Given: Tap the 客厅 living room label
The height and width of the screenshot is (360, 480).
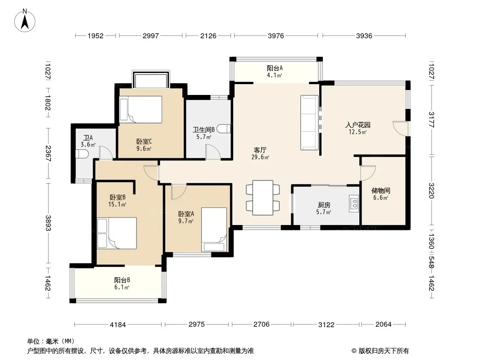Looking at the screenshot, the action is (x=260, y=150).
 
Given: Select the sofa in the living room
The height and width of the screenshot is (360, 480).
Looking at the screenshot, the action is (x=309, y=123).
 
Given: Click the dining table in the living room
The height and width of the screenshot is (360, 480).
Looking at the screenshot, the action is (x=263, y=198).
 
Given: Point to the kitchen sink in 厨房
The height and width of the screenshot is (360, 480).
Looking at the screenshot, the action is (x=354, y=203).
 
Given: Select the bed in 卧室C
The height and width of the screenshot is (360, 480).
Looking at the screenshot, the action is (x=141, y=109).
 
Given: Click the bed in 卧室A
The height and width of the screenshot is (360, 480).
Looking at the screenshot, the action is (x=214, y=229).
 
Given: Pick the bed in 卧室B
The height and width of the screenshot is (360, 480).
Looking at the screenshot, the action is (x=117, y=233).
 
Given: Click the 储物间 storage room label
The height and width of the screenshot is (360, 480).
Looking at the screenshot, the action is (x=381, y=190).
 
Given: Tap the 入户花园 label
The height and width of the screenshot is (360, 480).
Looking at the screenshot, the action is (x=358, y=125).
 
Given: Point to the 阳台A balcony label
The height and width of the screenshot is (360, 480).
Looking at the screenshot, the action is (x=275, y=68).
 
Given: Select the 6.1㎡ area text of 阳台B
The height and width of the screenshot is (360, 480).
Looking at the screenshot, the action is (x=122, y=287).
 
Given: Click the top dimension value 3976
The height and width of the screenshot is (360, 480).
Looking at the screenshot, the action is (x=276, y=36).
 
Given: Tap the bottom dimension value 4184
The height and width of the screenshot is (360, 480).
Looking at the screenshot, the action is (x=118, y=324).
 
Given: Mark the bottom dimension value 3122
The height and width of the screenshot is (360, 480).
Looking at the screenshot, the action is (x=326, y=324).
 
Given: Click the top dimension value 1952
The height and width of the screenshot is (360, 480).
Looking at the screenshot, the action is (x=95, y=36).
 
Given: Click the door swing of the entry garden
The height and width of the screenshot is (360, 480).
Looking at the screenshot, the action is (x=400, y=128).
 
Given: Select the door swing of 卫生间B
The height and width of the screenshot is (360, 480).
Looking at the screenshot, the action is (x=213, y=152).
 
